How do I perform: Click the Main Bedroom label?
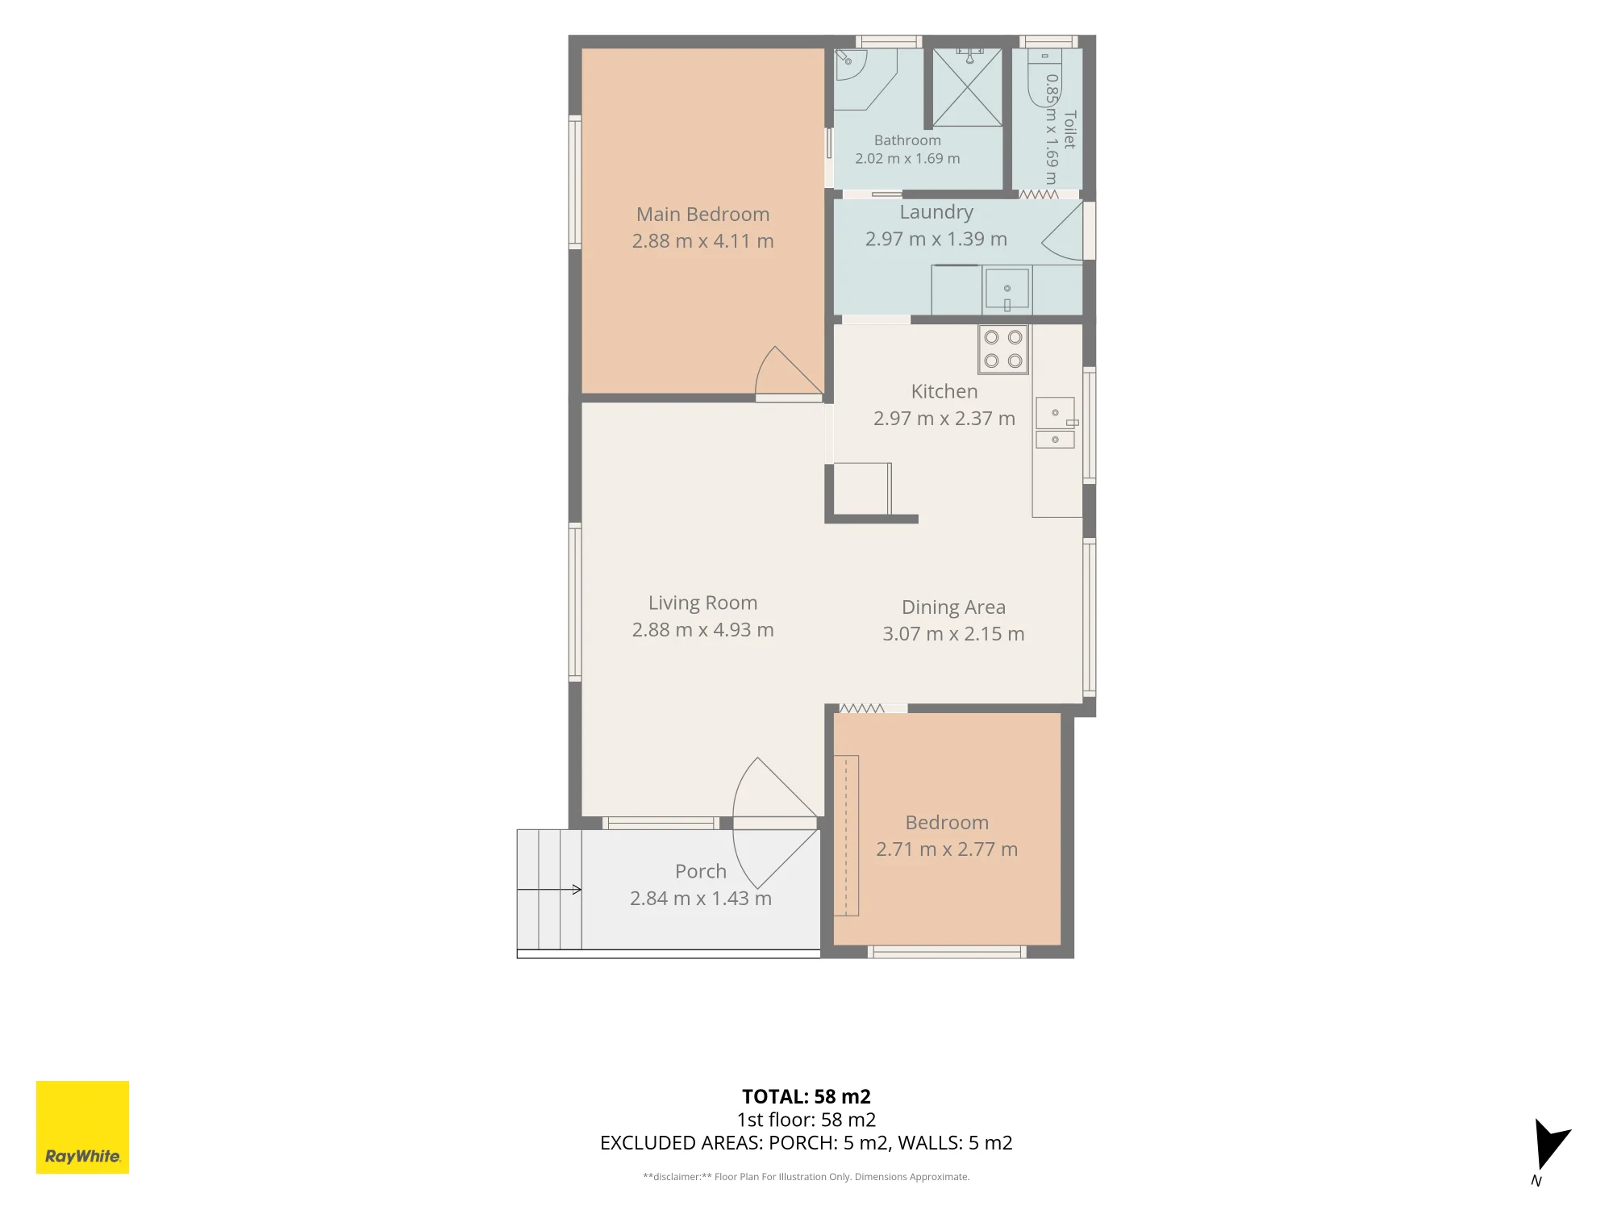702,215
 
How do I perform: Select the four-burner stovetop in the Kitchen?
1003,349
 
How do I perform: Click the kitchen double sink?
1055,423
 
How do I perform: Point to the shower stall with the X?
968,87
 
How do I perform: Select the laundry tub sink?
1007,290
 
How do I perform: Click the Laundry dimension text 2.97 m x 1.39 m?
936,240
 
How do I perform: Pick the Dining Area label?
953,607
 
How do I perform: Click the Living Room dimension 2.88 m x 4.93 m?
702,630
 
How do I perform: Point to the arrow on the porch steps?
549,890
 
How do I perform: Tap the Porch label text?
701,872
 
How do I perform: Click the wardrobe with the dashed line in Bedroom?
846,836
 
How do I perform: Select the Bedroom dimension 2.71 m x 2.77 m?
947,849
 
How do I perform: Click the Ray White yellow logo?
82,1127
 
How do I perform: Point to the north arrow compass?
1550,1145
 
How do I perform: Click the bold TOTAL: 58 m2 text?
806,1097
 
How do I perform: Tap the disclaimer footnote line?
806,1177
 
